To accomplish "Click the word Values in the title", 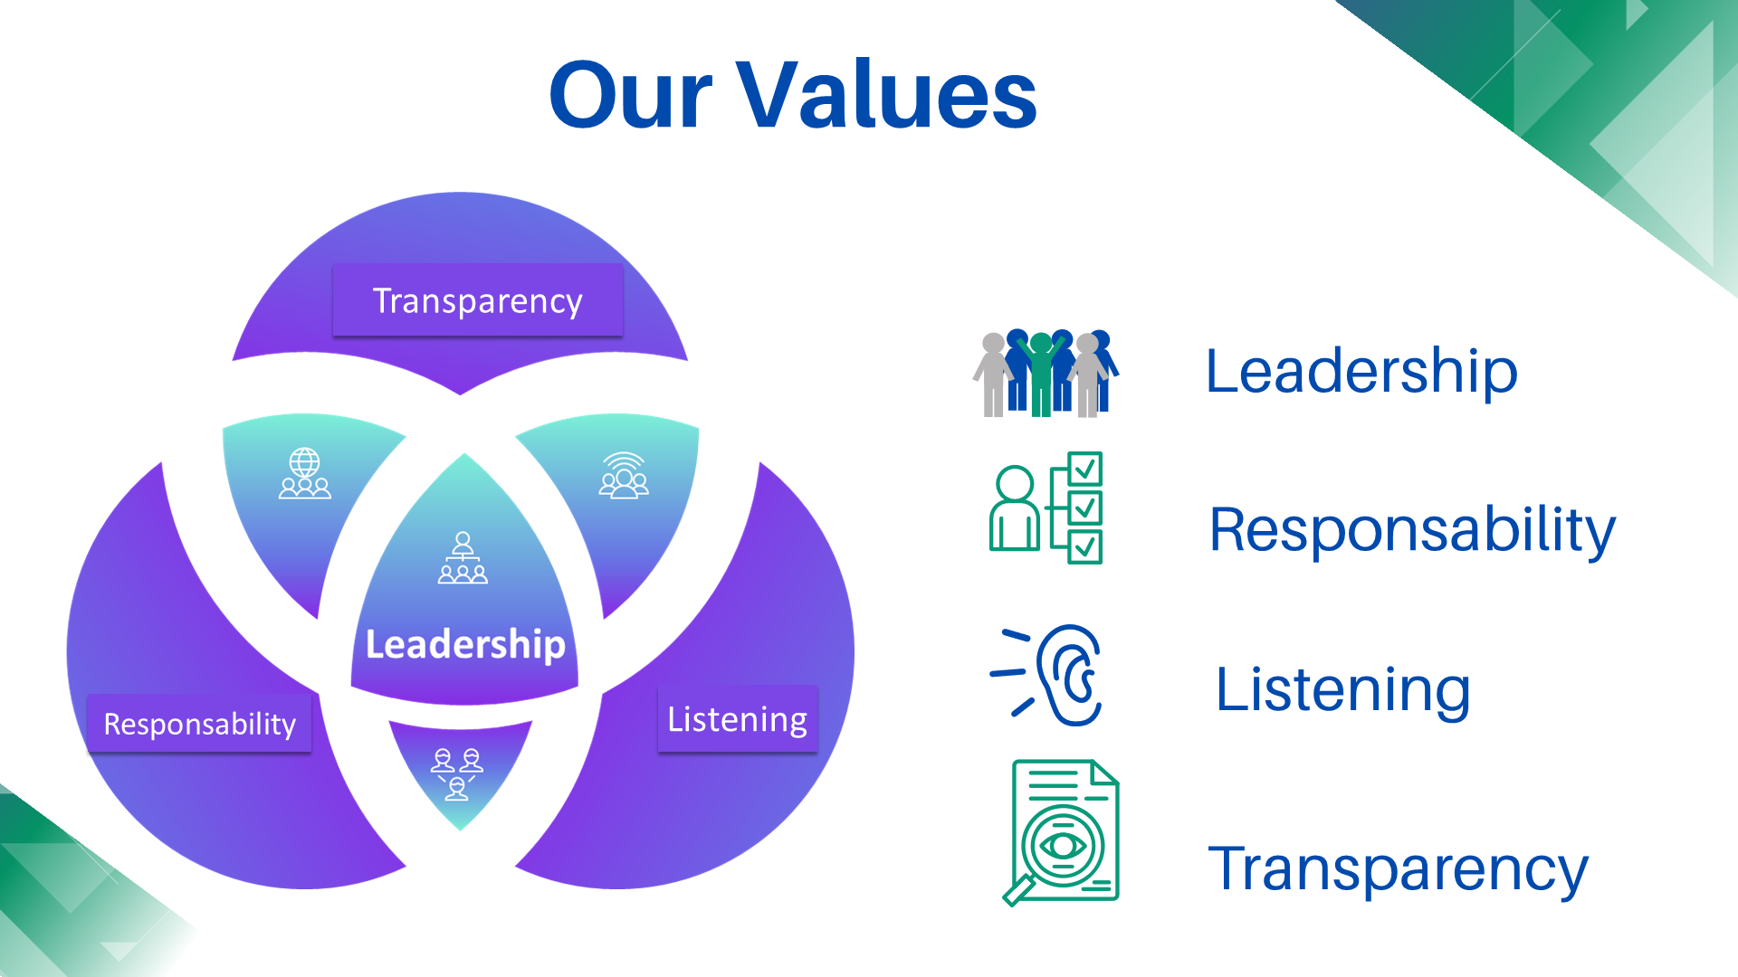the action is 886,94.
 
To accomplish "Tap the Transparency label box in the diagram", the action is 478,300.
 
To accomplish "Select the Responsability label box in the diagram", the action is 199,724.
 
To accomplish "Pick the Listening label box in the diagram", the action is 737,719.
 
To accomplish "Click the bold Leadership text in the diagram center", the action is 465,644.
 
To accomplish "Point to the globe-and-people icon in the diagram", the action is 305,473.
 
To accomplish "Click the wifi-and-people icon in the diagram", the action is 624,475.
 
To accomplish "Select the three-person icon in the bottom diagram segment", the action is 457,774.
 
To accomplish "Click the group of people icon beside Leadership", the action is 1046,373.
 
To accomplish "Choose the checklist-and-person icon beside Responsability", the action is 1046,507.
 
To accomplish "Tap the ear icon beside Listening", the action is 1047,675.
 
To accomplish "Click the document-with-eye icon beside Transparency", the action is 1061,832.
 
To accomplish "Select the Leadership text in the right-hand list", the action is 1361,372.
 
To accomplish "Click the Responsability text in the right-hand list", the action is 1412,530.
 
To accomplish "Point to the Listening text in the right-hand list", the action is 1342,691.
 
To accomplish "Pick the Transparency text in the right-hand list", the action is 1398,869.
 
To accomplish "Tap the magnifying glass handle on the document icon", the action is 1017,891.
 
